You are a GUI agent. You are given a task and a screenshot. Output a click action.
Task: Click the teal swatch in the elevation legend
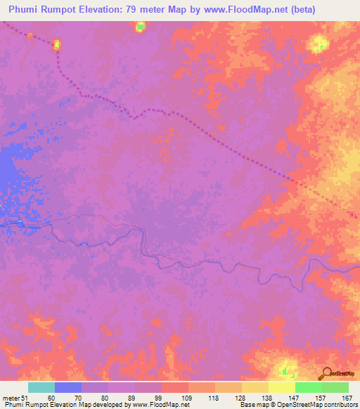41,387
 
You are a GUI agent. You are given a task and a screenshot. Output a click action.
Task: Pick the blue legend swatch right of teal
67,387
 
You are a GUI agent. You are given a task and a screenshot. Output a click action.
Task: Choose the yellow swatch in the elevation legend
281,387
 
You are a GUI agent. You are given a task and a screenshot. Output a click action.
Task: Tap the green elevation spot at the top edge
141,26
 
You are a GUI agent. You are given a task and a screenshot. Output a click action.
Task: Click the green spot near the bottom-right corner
285,370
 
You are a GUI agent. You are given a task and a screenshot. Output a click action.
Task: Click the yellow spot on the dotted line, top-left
57,45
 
